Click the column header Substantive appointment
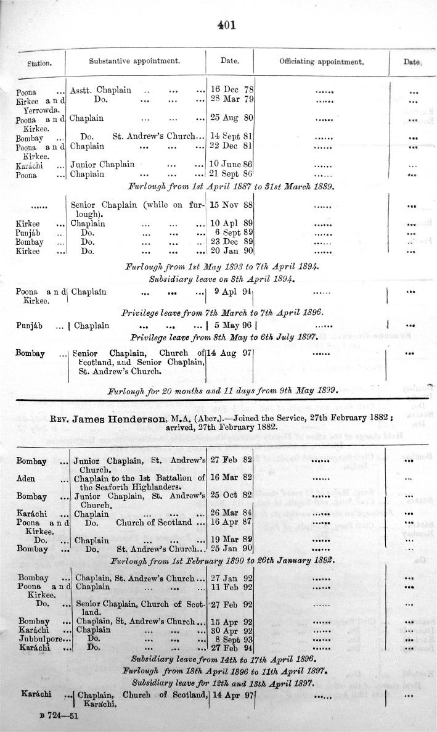click(134, 62)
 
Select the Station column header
click(38, 64)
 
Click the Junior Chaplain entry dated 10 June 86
click(102, 165)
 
